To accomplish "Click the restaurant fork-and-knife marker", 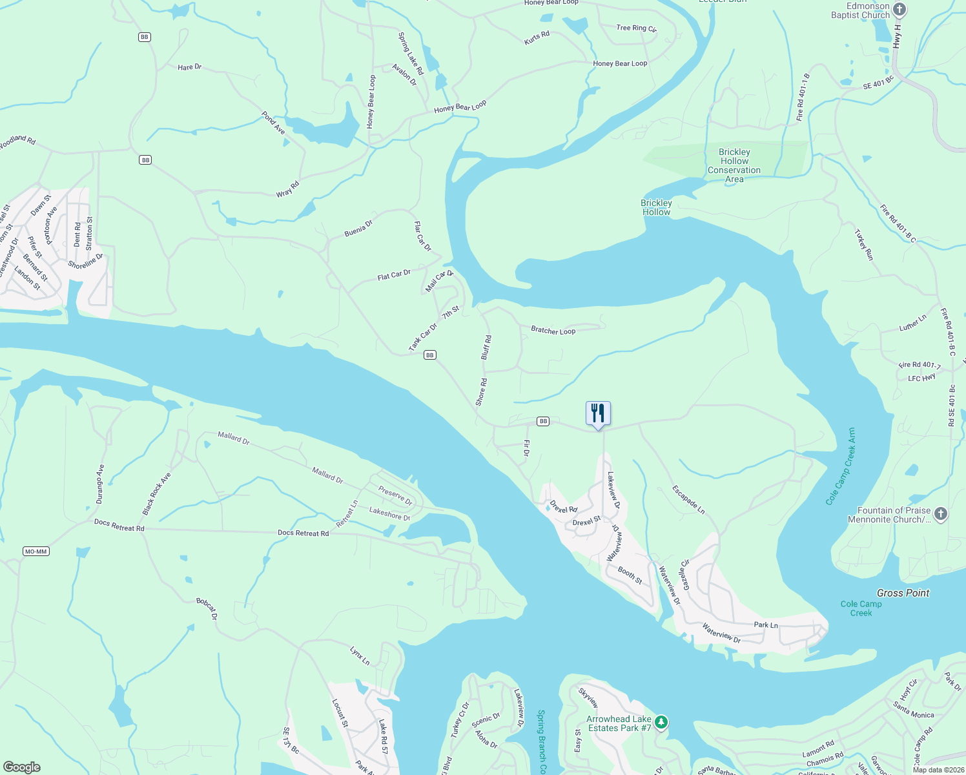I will (x=598, y=413).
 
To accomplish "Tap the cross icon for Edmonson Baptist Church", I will (x=899, y=10).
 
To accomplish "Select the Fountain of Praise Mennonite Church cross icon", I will (x=941, y=514).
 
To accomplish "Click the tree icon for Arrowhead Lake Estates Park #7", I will (x=661, y=722).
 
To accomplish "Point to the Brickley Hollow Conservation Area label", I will (x=734, y=166).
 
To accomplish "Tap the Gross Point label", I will (x=903, y=593).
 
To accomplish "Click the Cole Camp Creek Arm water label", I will (x=841, y=466).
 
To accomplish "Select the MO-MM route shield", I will (x=36, y=552).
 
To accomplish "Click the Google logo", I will (x=22, y=767).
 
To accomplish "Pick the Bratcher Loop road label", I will (x=553, y=331).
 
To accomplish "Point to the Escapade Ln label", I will (x=688, y=500).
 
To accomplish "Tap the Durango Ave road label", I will (x=100, y=484).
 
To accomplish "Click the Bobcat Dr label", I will (x=207, y=609).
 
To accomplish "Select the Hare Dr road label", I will (x=189, y=67).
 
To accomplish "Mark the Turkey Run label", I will (x=864, y=245).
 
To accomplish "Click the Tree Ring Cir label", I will (x=636, y=28).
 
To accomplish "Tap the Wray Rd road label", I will (x=288, y=189).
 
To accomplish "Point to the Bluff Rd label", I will (x=486, y=347).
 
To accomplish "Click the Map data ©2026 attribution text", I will (x=936, y=769).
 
